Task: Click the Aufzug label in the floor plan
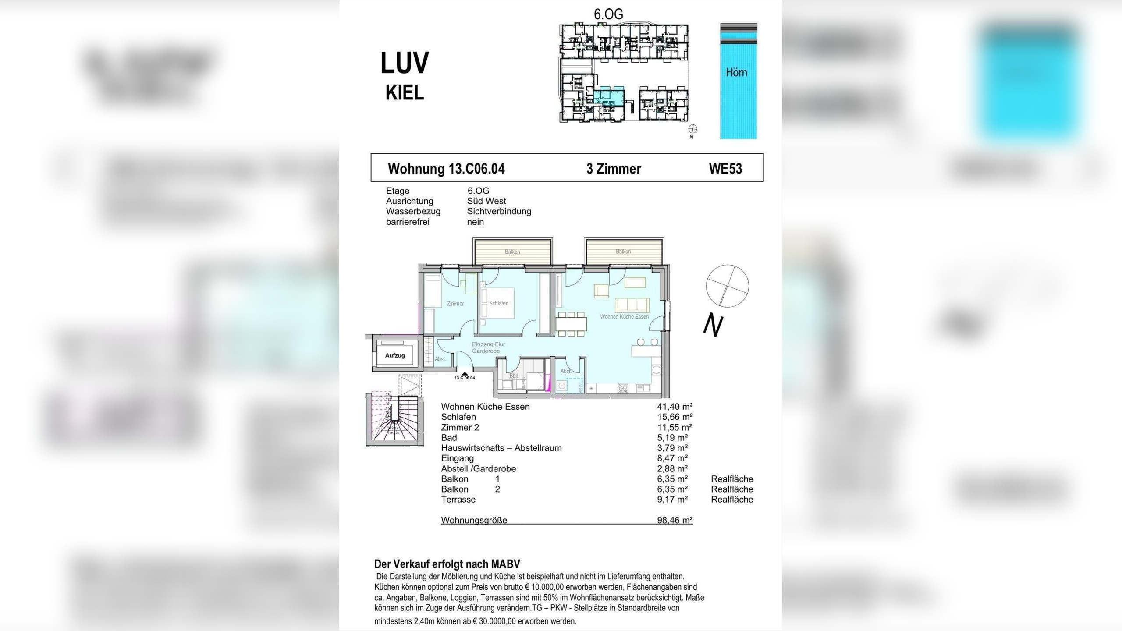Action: [394, 355]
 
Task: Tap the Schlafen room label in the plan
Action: [499, 303]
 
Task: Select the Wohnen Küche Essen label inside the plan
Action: [624, 317]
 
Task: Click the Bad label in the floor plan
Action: [514, 376]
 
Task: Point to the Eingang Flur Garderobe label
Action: [488, 347]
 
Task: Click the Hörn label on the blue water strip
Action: [736, 72]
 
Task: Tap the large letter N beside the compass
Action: [713, 326]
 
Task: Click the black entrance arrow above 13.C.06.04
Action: [465, 374]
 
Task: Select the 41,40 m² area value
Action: [675, 407]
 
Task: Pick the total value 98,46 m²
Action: [675, 520]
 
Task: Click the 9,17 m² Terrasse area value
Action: [672, 499]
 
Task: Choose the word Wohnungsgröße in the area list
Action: [474, 520]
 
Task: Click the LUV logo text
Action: [405, 63]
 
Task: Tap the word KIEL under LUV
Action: [405, 93]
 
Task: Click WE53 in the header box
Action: [725, 169]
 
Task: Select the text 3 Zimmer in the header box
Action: [614, 169]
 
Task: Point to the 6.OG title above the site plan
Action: [608, 14]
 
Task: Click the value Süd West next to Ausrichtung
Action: [486, 201]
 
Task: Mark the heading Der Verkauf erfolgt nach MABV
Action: [447, 564]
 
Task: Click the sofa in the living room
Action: [632, 305]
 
